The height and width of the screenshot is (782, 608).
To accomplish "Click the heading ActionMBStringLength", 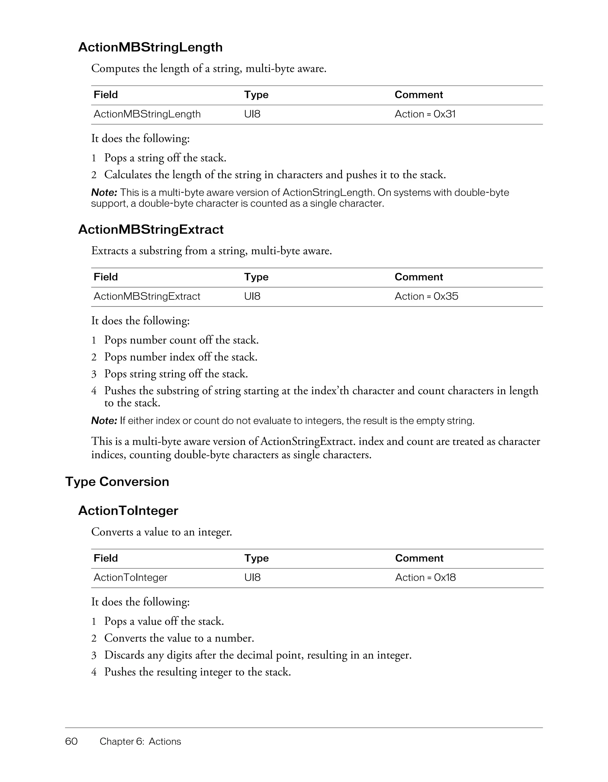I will (150, 47).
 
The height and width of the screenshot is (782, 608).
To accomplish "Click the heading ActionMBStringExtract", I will (151, 230).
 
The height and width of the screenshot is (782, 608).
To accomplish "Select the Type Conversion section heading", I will (117, 482).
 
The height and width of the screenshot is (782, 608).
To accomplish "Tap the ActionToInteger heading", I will (128, 511).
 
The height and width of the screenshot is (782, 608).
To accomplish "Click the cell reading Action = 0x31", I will (425, 114).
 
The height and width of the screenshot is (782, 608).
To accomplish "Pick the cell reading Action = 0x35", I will (426, 296).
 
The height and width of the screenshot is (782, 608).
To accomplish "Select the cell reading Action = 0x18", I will (425, 578).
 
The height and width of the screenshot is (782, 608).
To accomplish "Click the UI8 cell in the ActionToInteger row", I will (252, 578).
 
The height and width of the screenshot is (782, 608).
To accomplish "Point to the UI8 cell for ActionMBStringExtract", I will (252, 296).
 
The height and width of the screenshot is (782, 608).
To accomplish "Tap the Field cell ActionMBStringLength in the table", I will (147, 114).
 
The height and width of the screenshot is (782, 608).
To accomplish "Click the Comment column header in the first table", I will (419, 95).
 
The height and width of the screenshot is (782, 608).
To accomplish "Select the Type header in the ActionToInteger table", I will (256, 558).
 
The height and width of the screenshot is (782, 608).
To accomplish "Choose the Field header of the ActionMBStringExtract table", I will (106, 277).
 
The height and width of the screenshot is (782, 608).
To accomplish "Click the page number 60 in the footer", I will (72, 741).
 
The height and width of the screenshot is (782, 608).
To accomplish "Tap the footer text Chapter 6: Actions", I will (140, 741).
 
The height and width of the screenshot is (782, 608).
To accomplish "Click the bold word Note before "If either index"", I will (104, 421).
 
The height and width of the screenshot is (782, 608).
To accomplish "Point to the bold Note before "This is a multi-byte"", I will (104, 193).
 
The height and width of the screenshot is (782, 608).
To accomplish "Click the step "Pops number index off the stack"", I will (181, 357).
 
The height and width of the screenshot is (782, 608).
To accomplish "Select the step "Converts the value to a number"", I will (179, 638).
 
